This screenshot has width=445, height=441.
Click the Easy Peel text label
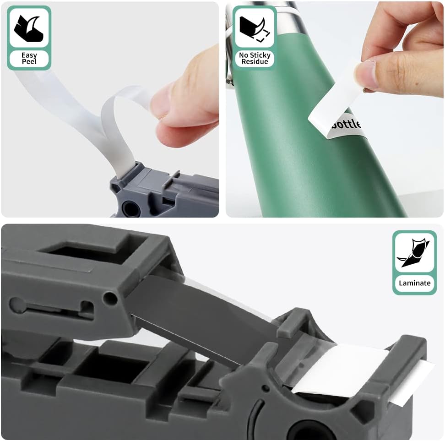click(x=29, y=58)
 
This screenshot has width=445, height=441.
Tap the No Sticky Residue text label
click(x=255, y=58)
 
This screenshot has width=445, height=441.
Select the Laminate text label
click(x=414, y=283)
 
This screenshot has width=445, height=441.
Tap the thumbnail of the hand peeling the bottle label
click(x=335, y=109)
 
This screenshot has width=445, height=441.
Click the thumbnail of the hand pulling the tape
click(x=110, y=109)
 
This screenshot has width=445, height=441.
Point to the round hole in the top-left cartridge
click(x=130, y=209)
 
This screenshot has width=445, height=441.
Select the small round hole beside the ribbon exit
click(x=110, y=298)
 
